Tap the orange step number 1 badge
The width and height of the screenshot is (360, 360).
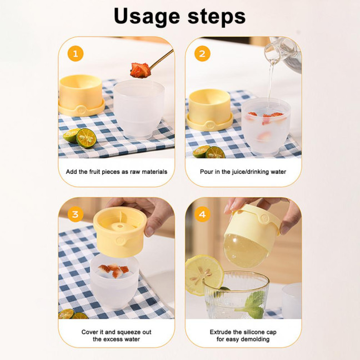point(76,54)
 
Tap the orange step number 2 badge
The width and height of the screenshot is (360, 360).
point(203,54)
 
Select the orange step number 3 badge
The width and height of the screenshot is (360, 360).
point(76,214)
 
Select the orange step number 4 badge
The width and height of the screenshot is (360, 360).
point(203,214)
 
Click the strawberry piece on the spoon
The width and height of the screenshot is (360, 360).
point(140,69)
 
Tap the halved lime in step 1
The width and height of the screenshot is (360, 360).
point(86,137)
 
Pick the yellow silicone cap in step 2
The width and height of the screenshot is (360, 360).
point(209,108)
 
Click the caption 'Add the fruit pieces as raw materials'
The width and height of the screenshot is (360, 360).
point(116,172)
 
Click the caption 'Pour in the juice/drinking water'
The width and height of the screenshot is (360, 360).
point(243,172)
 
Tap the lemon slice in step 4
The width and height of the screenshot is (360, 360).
point(204,274)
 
